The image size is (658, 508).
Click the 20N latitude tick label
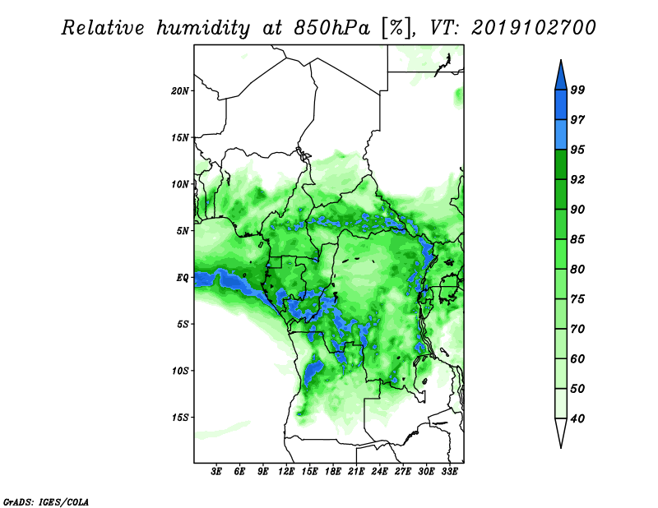click(180, 90)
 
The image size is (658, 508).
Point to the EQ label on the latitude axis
click(183, 278)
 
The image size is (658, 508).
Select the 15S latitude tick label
click(180, 418)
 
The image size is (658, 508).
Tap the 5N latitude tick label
click(183, 231)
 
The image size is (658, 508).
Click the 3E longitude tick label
click(217, 472)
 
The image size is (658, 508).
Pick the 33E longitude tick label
click(450, 472)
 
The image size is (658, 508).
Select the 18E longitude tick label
click(333, 472)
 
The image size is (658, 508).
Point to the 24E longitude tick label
click(380, 472)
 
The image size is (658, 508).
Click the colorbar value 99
click(577, 90)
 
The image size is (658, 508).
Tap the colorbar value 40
click(577, 418)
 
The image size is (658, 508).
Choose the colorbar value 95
click(577, 150)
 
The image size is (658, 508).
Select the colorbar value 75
click(577, 299)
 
